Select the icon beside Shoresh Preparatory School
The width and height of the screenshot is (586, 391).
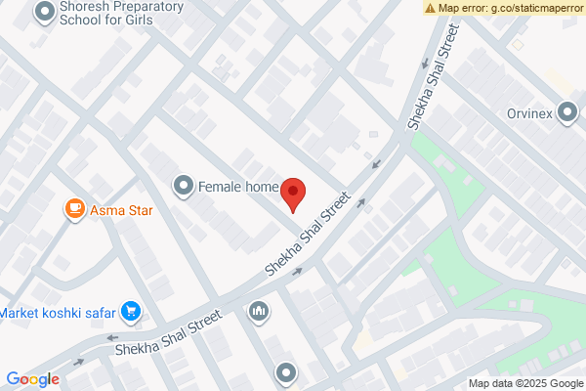click(44, 13)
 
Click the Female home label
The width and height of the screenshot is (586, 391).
click(238, 186)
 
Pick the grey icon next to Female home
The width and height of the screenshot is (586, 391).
click(183, 185)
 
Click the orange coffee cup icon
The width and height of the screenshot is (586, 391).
click(73, 208)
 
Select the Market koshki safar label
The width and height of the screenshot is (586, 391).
click(57, 313)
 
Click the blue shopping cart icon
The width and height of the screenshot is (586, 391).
click(131, 313)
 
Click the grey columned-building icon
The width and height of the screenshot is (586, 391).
click(259, 311)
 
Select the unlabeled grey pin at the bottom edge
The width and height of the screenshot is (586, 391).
click(285, 372)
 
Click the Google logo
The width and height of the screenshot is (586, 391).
click(32, 379)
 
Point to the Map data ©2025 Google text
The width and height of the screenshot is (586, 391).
click(525, 383)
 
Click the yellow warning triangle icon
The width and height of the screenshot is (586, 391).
click(430, 8)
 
